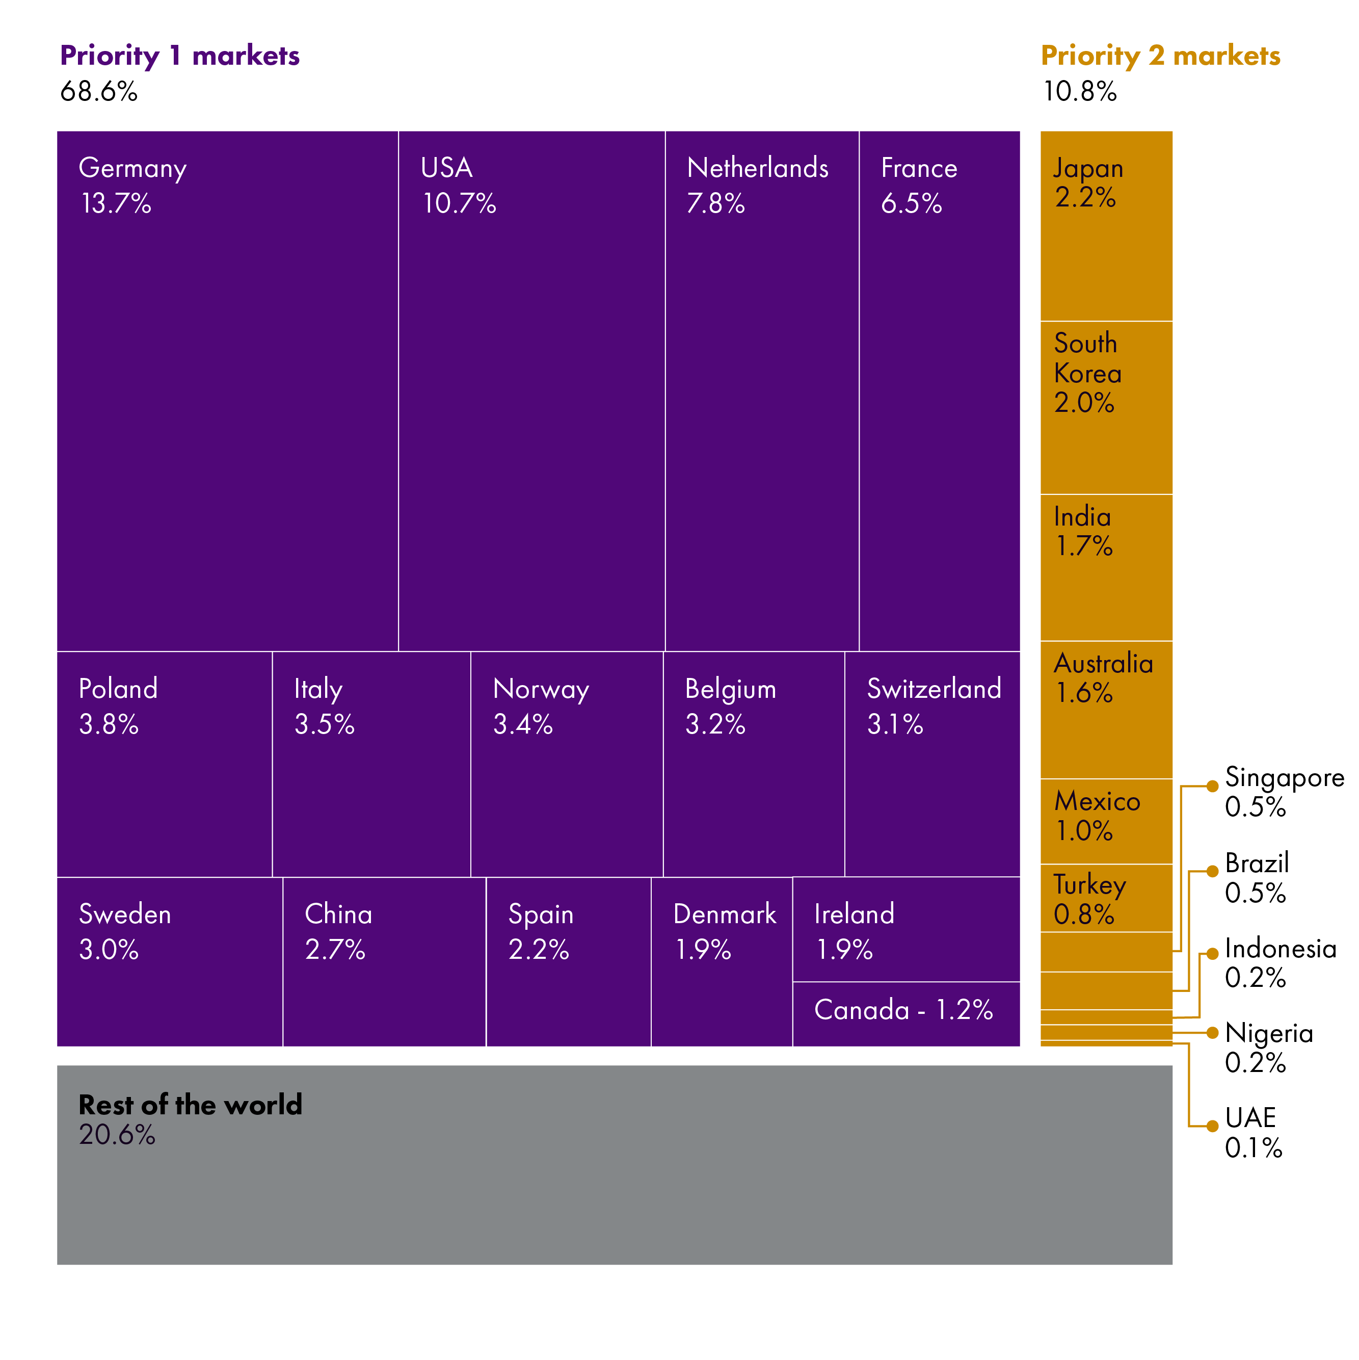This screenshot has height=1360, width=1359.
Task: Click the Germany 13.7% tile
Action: [x=227, y=390]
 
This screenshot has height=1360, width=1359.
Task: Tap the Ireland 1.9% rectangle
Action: [x=906, y=929]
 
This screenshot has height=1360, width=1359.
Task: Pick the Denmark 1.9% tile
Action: [x=722, y=961]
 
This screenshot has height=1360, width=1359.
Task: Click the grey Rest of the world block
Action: [x=615, y=1165]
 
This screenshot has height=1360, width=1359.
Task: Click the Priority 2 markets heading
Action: [x=1161, y=56]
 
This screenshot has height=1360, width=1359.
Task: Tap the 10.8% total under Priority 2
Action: [x=1080, y=92]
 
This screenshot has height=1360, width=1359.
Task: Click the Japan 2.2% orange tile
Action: [x=1106, y=225]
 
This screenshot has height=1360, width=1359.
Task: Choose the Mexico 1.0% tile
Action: [x=1106, y=821]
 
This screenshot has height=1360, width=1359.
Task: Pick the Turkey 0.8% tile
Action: [x=1106, y=898]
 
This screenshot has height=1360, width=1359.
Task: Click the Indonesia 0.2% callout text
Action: [x=1280, y=963]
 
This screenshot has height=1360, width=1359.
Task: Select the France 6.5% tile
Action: [x=939, y=390]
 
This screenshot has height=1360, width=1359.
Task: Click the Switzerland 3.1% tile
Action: [x=932, y=764]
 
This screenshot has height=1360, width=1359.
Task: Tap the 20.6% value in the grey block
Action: [x=117, y=1135]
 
